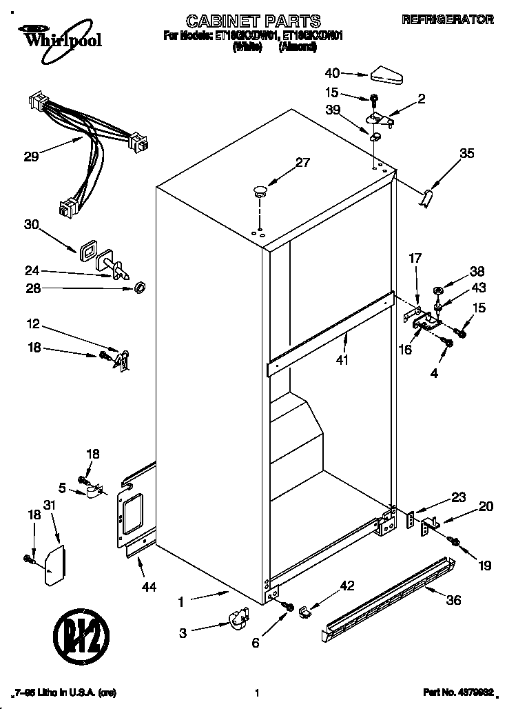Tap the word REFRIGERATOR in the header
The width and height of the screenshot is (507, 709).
[447, 20]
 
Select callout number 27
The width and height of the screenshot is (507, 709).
[302, 163]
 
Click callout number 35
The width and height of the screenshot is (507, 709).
[466, 154]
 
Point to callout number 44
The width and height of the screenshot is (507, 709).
[148, 587]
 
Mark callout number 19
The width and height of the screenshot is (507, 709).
[484, 566]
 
